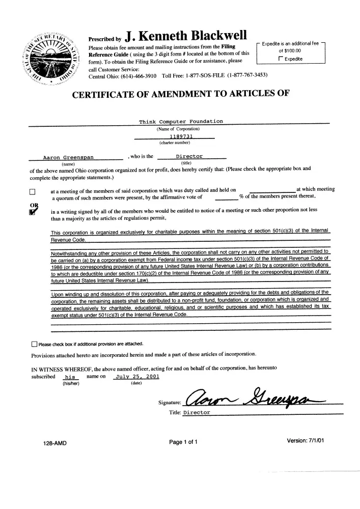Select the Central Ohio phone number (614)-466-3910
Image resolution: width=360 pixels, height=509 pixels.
[x=136, y=76]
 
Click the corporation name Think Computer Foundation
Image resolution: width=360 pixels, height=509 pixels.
[x=181, y=122]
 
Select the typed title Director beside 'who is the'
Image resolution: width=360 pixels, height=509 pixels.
[x=189, y=156]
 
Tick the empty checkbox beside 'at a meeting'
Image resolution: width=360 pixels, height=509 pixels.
[x=32, y=192]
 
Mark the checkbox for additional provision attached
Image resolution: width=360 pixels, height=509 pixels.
[x=34, y=344]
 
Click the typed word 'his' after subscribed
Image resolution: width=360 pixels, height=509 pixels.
[x=70, y=377]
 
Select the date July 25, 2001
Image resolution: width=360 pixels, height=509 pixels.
[x=137, y=377]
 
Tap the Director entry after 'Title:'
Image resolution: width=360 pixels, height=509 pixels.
[x=196, y=413]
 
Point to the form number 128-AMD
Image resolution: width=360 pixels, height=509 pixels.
[x=55, y=443]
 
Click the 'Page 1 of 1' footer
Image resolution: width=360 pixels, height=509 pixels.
[x=183, y=442]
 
